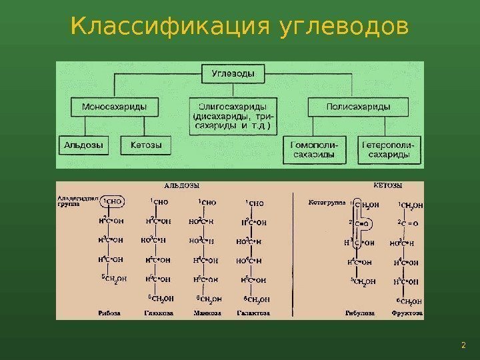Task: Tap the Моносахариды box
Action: pos(114,106)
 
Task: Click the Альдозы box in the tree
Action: pos(83,144)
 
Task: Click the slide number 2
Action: pos(462,345)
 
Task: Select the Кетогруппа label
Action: pos(325,201)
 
